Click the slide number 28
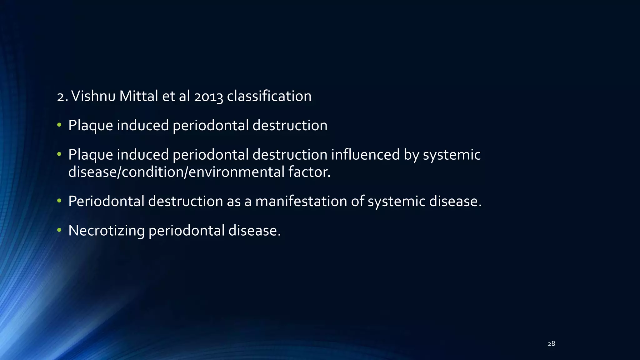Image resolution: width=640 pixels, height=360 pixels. pyautogui.click(x=551, y=344)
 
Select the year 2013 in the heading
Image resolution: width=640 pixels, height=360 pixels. pyautogui.click(x=208, y=96)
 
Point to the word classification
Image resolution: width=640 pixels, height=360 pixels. pyautogui.click(x=269, y=96)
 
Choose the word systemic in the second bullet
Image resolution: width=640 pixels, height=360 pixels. pyautogui.click(x=452, y=155)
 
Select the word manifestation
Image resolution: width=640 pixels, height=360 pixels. pyautogui.click(x=301, y=201)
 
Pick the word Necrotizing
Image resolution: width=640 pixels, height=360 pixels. pyautogui.click(x=106, y=231)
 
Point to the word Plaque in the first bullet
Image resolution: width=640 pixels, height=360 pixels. pyautogui.click(x=91, y=126)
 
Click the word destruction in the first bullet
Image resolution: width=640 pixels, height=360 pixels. pyautogui.click(x=290, y=126)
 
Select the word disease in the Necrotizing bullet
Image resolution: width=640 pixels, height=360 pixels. pyautogui.click(x=254, y=231)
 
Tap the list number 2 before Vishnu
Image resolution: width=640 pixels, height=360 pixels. pyautogui.click(x=61, y=96)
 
